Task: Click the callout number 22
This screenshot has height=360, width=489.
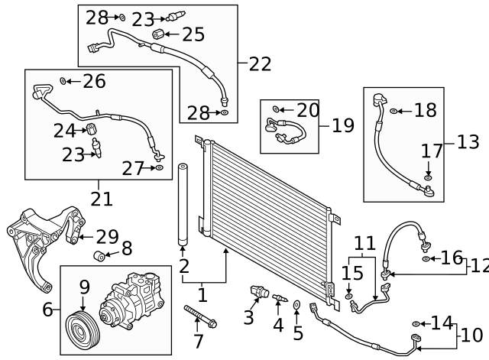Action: point(260,64)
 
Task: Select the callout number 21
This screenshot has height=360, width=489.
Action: point(101,199)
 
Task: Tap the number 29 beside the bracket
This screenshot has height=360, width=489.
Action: point(107,237)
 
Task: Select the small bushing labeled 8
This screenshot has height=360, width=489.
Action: point(99,255)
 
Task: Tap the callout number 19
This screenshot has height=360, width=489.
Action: point(343,125)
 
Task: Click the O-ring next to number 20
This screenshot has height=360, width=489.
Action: point(277,111)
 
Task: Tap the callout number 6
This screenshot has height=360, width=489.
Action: point(47,310)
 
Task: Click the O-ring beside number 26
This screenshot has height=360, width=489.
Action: point(63,80)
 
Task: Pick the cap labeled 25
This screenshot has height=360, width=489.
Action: point(157,34)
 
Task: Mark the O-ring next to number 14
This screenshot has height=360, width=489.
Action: point(416,324)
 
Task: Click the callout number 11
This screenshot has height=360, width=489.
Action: point(364,244)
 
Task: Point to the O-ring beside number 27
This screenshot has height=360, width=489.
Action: point(159,167)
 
